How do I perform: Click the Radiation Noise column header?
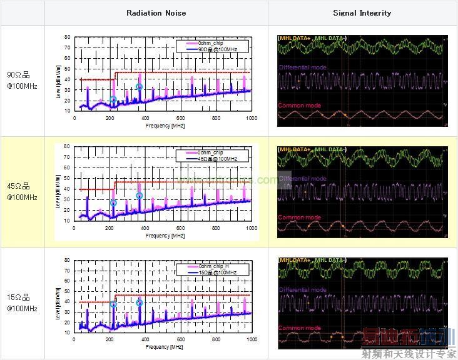click(156, 12)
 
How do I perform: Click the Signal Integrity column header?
click(362, 12)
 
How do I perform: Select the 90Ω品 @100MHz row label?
click(22, 81)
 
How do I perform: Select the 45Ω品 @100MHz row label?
click(22, 192)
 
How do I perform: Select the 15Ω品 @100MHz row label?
click(22, 303)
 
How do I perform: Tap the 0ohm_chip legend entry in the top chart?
click(210, 42)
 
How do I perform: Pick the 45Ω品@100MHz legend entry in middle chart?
click(214, 159)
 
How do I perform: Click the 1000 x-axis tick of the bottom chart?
click(252, 339)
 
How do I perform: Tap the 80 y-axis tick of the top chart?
click(68, 37)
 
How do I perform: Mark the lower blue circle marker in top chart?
click(113, 100)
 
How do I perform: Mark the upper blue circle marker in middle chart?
click(140, 196)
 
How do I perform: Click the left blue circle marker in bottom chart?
click(113, 304)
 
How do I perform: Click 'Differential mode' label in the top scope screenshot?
click(303, 67)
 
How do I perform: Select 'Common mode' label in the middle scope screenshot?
click(299, 217)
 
